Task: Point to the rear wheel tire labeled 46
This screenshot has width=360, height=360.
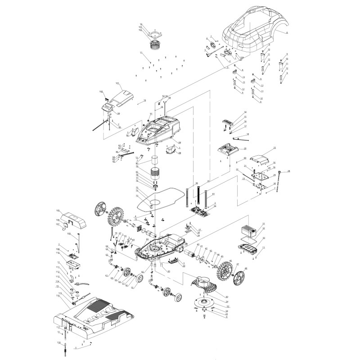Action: coord(224,273)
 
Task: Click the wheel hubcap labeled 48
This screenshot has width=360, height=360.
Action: coord(239,276)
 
